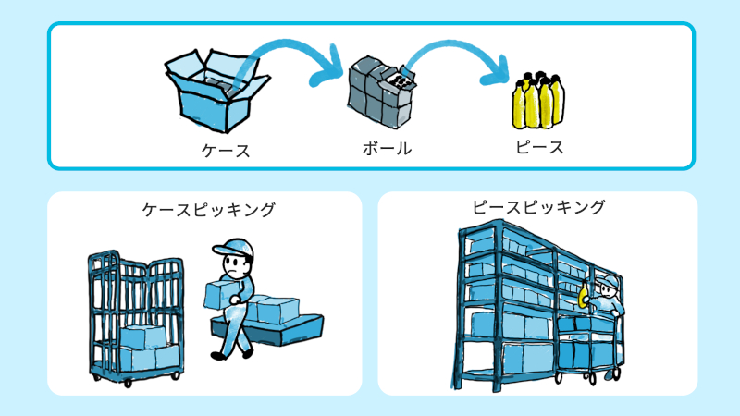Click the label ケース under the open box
click(x=226, y=150)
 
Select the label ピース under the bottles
click(x=539, y=146)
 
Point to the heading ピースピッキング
click(x=538, y=206)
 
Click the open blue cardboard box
click(x=216, y=89)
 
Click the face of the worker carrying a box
click(x=239, y=269)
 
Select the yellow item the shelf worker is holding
click(x=584, y=298)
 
